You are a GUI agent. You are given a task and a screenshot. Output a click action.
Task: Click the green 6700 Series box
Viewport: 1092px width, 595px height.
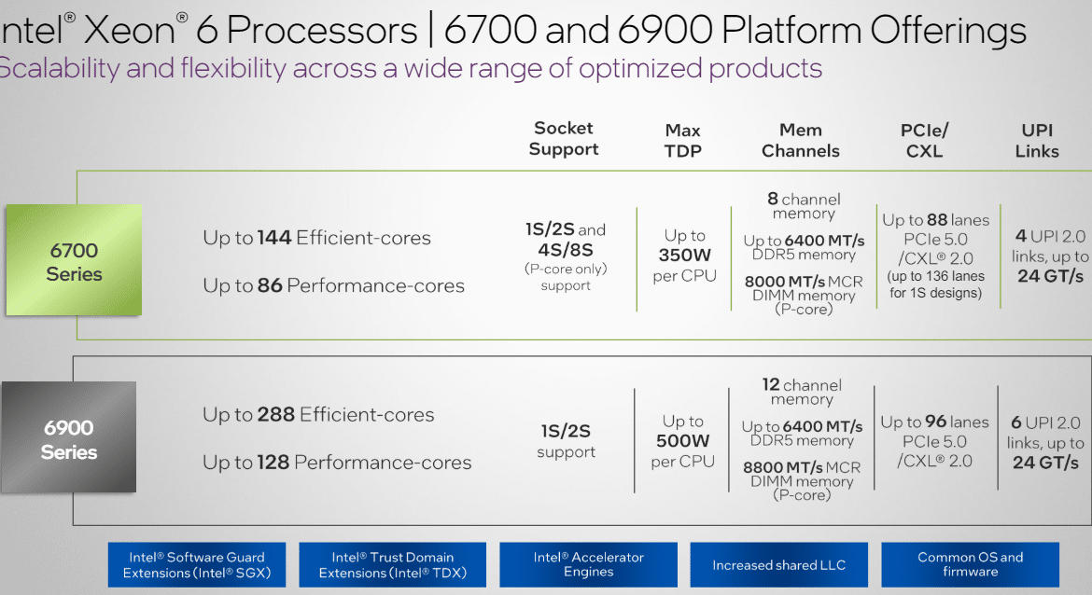[x=74, y=259]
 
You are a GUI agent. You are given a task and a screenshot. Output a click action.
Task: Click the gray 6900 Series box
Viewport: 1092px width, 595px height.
[x=68, y=437]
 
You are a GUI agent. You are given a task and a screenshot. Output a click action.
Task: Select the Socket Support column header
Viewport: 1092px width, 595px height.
[x=564, y=138]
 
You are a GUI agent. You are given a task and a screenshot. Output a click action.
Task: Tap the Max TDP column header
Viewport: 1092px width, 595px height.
[x=682, y=141]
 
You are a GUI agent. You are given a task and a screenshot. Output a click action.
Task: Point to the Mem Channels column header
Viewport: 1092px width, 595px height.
[x=800, y=141]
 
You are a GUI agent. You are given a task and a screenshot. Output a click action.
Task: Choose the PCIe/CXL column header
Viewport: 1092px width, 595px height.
[x=924, y=141]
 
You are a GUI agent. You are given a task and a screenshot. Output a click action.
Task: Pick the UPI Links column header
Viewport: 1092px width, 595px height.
[x=1037, y=141]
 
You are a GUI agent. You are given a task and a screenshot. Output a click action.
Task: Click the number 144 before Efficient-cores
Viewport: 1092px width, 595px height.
[x=274, y=238]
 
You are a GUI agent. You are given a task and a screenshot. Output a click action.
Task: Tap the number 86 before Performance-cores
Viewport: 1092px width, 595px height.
[x=270, y=285]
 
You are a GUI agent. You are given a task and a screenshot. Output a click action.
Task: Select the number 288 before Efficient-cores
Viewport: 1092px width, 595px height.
[x=275, y=415]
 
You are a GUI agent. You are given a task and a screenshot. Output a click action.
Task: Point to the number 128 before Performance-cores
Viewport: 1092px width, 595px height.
[x=273, y=462]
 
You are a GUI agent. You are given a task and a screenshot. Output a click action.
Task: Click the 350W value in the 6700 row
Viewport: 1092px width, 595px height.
[x=684, y=256]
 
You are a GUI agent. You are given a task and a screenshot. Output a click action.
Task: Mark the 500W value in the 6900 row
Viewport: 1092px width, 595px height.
[x=682, y=440]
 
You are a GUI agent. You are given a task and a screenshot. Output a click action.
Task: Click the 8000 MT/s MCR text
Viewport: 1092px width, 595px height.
[x=804, y=281]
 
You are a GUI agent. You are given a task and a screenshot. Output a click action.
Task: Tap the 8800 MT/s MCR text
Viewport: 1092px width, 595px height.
[x=802, y=467]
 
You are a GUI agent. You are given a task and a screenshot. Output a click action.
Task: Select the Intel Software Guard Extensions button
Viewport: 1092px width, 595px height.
[x=197, y=565]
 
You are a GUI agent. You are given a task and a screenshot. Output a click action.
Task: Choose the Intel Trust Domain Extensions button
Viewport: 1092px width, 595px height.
[x=393, y=565]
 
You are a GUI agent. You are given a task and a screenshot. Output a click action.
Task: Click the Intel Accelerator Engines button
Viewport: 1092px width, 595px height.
[x=589, y=565]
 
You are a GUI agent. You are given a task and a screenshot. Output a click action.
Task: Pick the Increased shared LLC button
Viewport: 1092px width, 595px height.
[x=778, y=565]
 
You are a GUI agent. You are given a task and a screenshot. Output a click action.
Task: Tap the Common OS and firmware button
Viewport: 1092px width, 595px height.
[x=970, y=565]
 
